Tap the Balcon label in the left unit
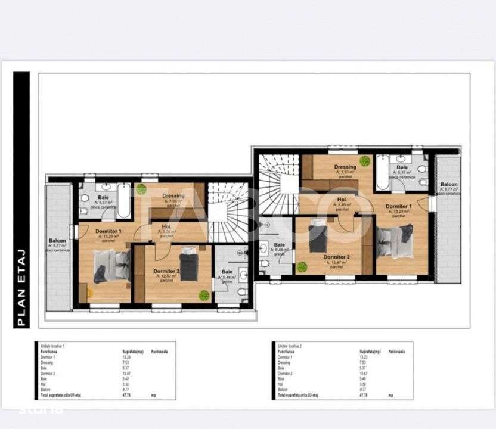[57, 241]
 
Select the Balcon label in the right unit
[449, 185]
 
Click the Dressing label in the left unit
[173, 196]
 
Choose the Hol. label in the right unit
[342, 200]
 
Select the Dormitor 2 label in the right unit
[336, 257]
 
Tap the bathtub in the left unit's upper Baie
[124, 203]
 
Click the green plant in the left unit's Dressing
[141, 189]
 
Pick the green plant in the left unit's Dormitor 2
[204, 295]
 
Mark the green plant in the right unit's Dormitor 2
[302, 267]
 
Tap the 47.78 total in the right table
[363, 395]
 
